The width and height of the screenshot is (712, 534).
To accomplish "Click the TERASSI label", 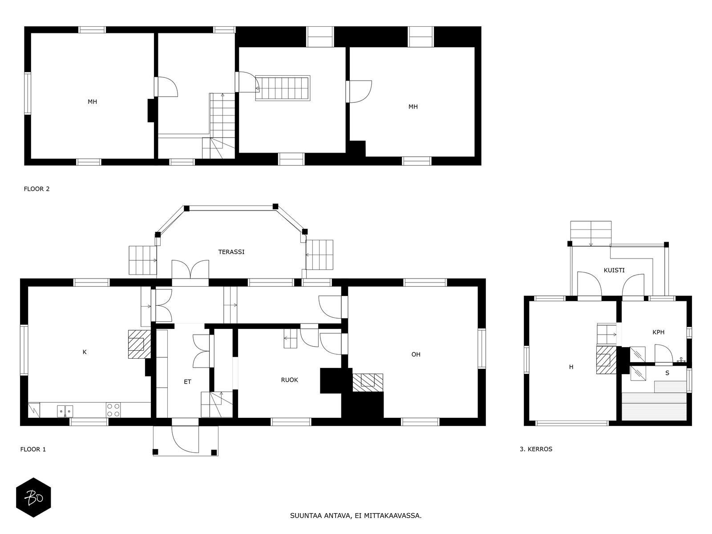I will click(x=231, y=252).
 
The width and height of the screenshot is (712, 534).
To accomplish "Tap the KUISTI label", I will click(x=614, y=270).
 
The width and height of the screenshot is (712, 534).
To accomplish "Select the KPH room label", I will click(x=658, y=332).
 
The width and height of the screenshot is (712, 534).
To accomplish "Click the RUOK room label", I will click(x=289, y=380).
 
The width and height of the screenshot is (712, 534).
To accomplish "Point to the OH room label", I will click(x=416, y=355).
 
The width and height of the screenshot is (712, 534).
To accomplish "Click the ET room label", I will click(x=187, y=382).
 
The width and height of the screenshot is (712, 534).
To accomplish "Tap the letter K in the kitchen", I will click(x=85, y=352).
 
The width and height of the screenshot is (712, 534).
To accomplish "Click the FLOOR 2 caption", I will click(x=36, y=189).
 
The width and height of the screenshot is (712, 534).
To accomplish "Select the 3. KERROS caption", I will click(x=536, y=449).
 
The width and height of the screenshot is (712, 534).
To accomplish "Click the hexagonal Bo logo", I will click(x=33, y=497).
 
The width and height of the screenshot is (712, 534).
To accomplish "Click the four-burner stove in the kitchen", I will click(x=113, y=410).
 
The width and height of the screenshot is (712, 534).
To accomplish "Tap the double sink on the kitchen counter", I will click(x=65, y=410).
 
